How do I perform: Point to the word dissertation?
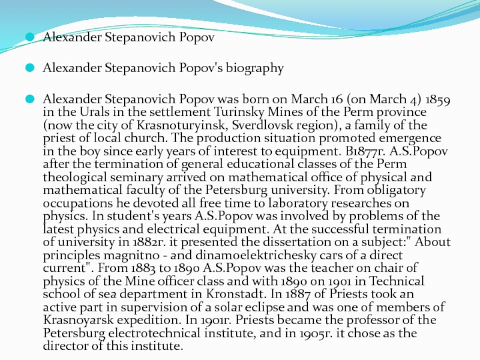(265, 242)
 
